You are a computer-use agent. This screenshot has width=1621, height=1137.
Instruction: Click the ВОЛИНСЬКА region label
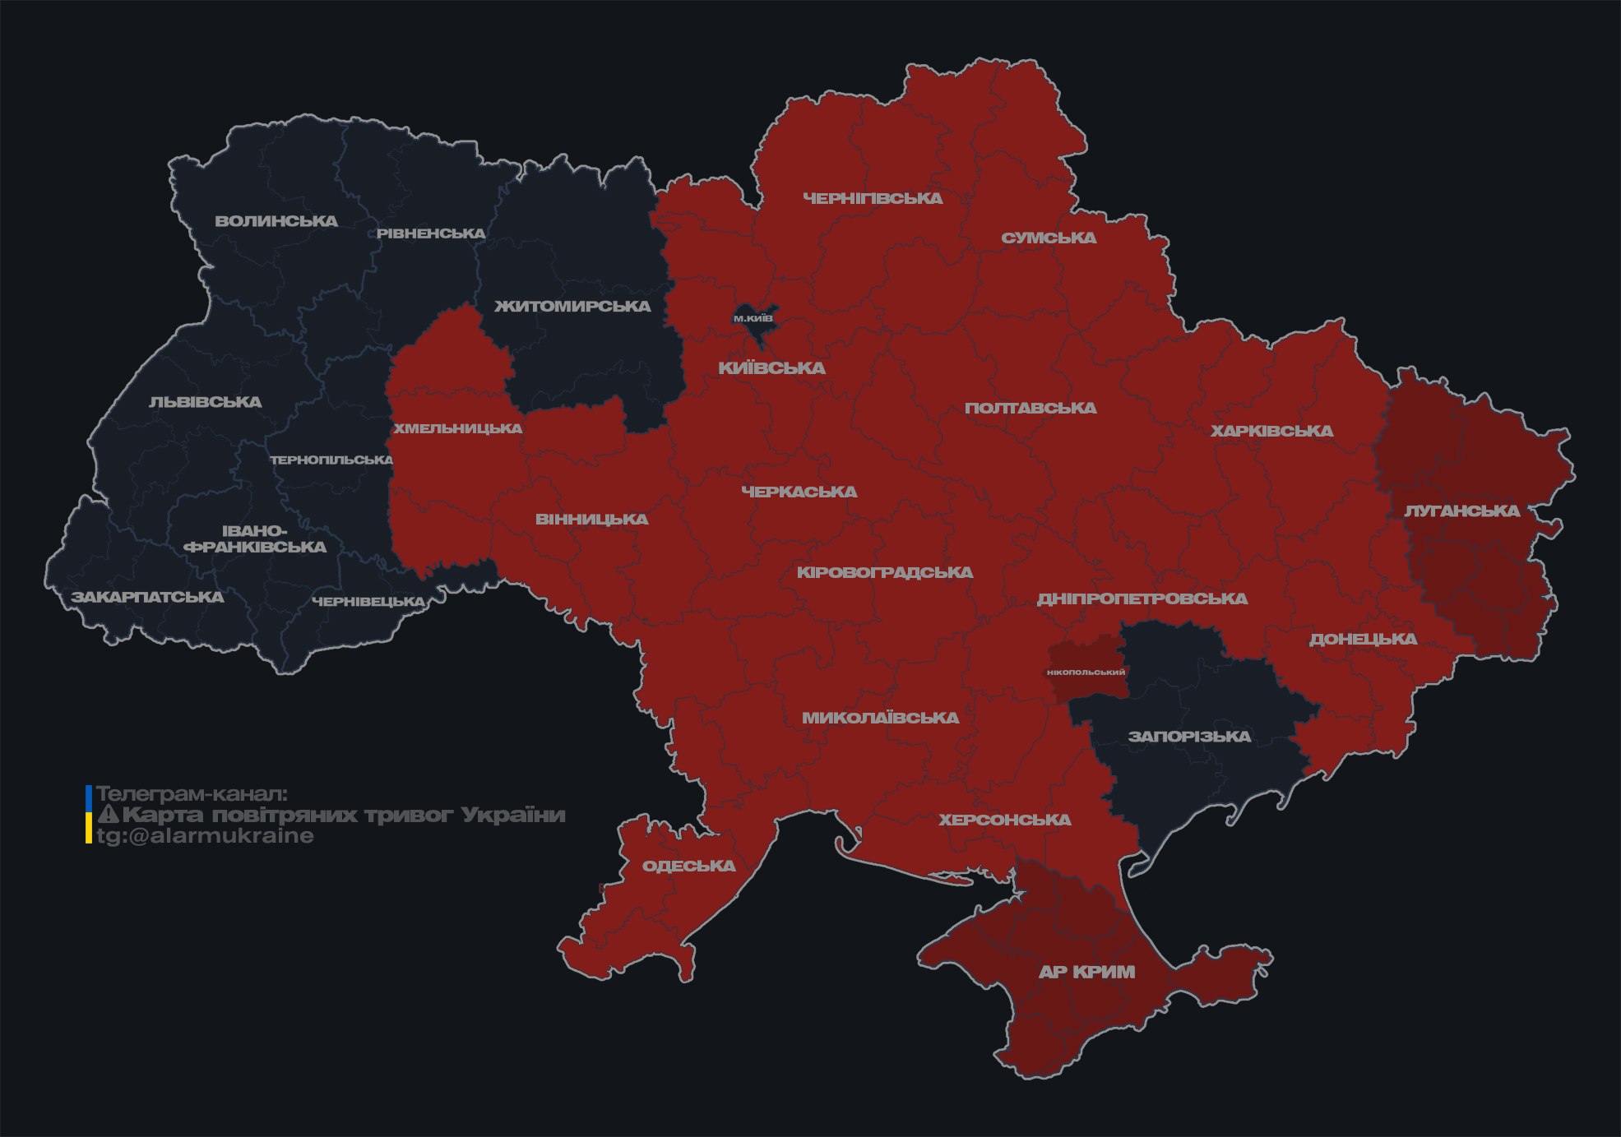coord(276,221)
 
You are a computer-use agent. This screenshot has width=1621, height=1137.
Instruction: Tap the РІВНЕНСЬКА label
coord(431,233)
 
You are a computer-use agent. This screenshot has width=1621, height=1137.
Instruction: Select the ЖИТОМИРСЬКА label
coord(572,307)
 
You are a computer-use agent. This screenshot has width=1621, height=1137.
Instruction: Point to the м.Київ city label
coord(753,318)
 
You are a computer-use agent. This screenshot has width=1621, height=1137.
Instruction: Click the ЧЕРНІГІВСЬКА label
coord(873,198)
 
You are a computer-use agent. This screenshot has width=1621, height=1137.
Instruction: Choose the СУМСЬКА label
coord(1049,238)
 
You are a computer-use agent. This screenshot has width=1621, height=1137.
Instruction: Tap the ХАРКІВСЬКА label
coord(1271,431)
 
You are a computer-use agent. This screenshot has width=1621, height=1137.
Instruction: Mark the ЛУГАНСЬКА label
coord(1461,511)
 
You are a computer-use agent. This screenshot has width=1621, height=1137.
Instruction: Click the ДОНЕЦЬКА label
coord(1363,639)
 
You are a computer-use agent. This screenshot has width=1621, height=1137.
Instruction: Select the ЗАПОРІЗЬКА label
coord(1189,737)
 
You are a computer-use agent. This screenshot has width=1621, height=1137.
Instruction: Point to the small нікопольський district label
coord(1086,672)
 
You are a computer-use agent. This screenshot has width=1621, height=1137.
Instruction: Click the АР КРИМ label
coord(1086,972)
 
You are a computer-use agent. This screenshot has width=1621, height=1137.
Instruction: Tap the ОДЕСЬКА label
coord(688,866)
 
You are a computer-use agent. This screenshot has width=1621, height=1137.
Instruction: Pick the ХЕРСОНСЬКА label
coord(1005,820)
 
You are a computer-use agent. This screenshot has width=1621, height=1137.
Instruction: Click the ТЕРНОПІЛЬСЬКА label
coord(332,460)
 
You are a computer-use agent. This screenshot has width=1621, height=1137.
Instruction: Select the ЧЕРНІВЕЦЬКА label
coord(368,602)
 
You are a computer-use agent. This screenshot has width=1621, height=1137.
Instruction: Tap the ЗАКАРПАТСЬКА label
coord(147,597)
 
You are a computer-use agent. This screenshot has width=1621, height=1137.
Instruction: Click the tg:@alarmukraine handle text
coord(205,836)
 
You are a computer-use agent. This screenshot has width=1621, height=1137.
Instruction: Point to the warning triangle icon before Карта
coord(109,815)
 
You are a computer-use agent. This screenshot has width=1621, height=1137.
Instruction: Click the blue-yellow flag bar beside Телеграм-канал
coord(89,815)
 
